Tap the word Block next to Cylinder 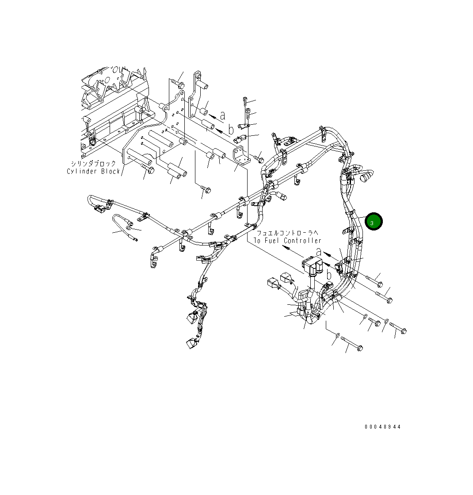coord(110,171)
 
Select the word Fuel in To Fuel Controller coord(272,241)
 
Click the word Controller coord(303,241)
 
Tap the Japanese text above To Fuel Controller coord(288,233)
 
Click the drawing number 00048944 coord(383,427)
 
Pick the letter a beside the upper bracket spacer coord(222,115)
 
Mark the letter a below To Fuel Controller coord(318,252)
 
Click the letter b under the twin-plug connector coord(329,275)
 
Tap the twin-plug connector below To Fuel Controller coord(313,268)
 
